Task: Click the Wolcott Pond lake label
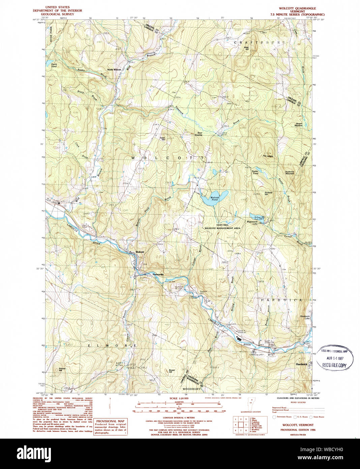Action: (x=215, y=198)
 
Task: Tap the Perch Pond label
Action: (x=54, y=65)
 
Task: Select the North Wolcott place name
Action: (x=114, y=70)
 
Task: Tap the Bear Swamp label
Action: (x=198, y=134)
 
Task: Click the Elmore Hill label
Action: (x=62, y=369)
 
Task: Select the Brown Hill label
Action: (x=172, y=371)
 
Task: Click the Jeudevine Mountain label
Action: (x=289, y=172)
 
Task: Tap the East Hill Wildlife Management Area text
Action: (x=222, y=226)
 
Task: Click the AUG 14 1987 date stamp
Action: (x=334, y=358)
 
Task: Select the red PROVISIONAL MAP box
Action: (x=111, y=427)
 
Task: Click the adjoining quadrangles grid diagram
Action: (x=241, y=424)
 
